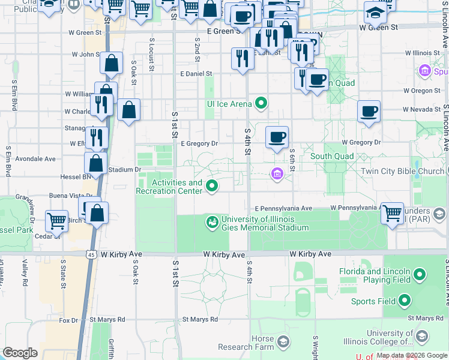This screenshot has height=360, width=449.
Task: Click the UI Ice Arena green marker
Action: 261,103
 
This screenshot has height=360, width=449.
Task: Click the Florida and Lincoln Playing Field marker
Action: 420,275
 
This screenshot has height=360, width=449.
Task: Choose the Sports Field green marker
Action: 405,301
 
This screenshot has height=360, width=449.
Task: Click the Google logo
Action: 20,353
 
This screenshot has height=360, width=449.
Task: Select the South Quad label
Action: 332,157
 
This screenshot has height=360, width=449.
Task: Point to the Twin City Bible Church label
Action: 402,171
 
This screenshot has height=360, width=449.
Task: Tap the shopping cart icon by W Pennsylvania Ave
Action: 392,212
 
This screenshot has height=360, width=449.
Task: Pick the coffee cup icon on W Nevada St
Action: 369,111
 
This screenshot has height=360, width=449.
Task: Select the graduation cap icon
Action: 375,12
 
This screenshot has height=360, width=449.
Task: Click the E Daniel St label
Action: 196,73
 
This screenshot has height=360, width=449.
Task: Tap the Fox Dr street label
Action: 69,320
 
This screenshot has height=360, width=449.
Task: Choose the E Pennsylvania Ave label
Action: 283,208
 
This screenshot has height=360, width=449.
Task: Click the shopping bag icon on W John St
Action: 112,62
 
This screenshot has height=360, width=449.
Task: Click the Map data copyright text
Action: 411,355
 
